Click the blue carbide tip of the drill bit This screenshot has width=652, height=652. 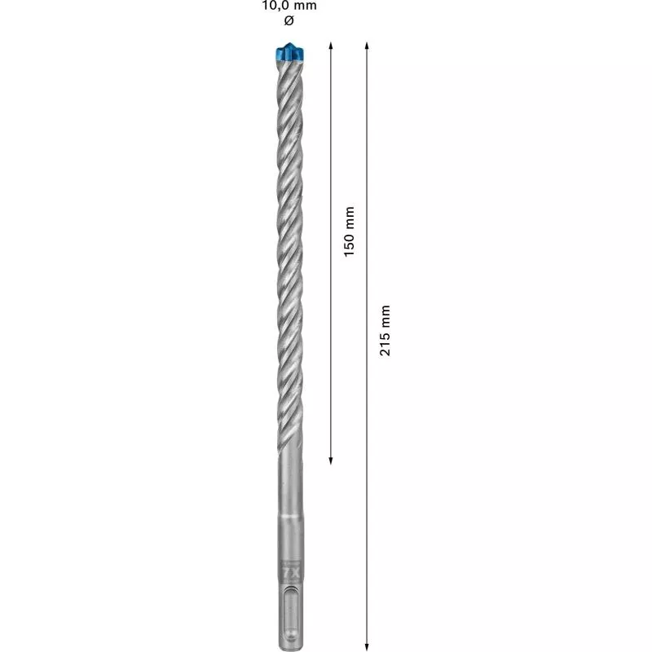click(289, 52)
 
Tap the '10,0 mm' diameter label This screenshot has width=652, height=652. click(289, 6)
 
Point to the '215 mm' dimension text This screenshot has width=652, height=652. click(385, 329)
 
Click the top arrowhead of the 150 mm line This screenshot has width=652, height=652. click(331, 45)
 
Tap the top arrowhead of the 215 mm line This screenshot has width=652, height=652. click(368, 45)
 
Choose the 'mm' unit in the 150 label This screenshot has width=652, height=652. click(350, 215)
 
